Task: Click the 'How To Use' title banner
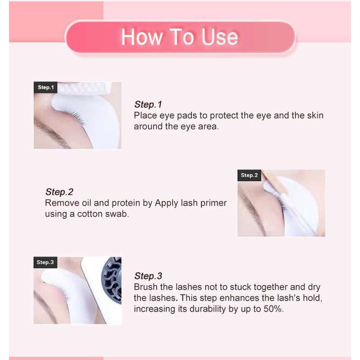click(x=180, y=37)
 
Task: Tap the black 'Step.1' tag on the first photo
click(x=45, y=87)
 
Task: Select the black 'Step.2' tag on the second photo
click(x=249, y=175)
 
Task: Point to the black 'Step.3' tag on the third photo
click(x=45, y=262)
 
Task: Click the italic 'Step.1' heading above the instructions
click(x=148, y=105)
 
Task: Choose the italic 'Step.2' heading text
click(x=59, y=192)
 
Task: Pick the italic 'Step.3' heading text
click(x=148, y=276)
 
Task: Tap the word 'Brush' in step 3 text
click(x=145, y=287)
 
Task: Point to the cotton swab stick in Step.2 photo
click(x=270, y=184)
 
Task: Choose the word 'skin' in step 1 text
click(x=315, y=116)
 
